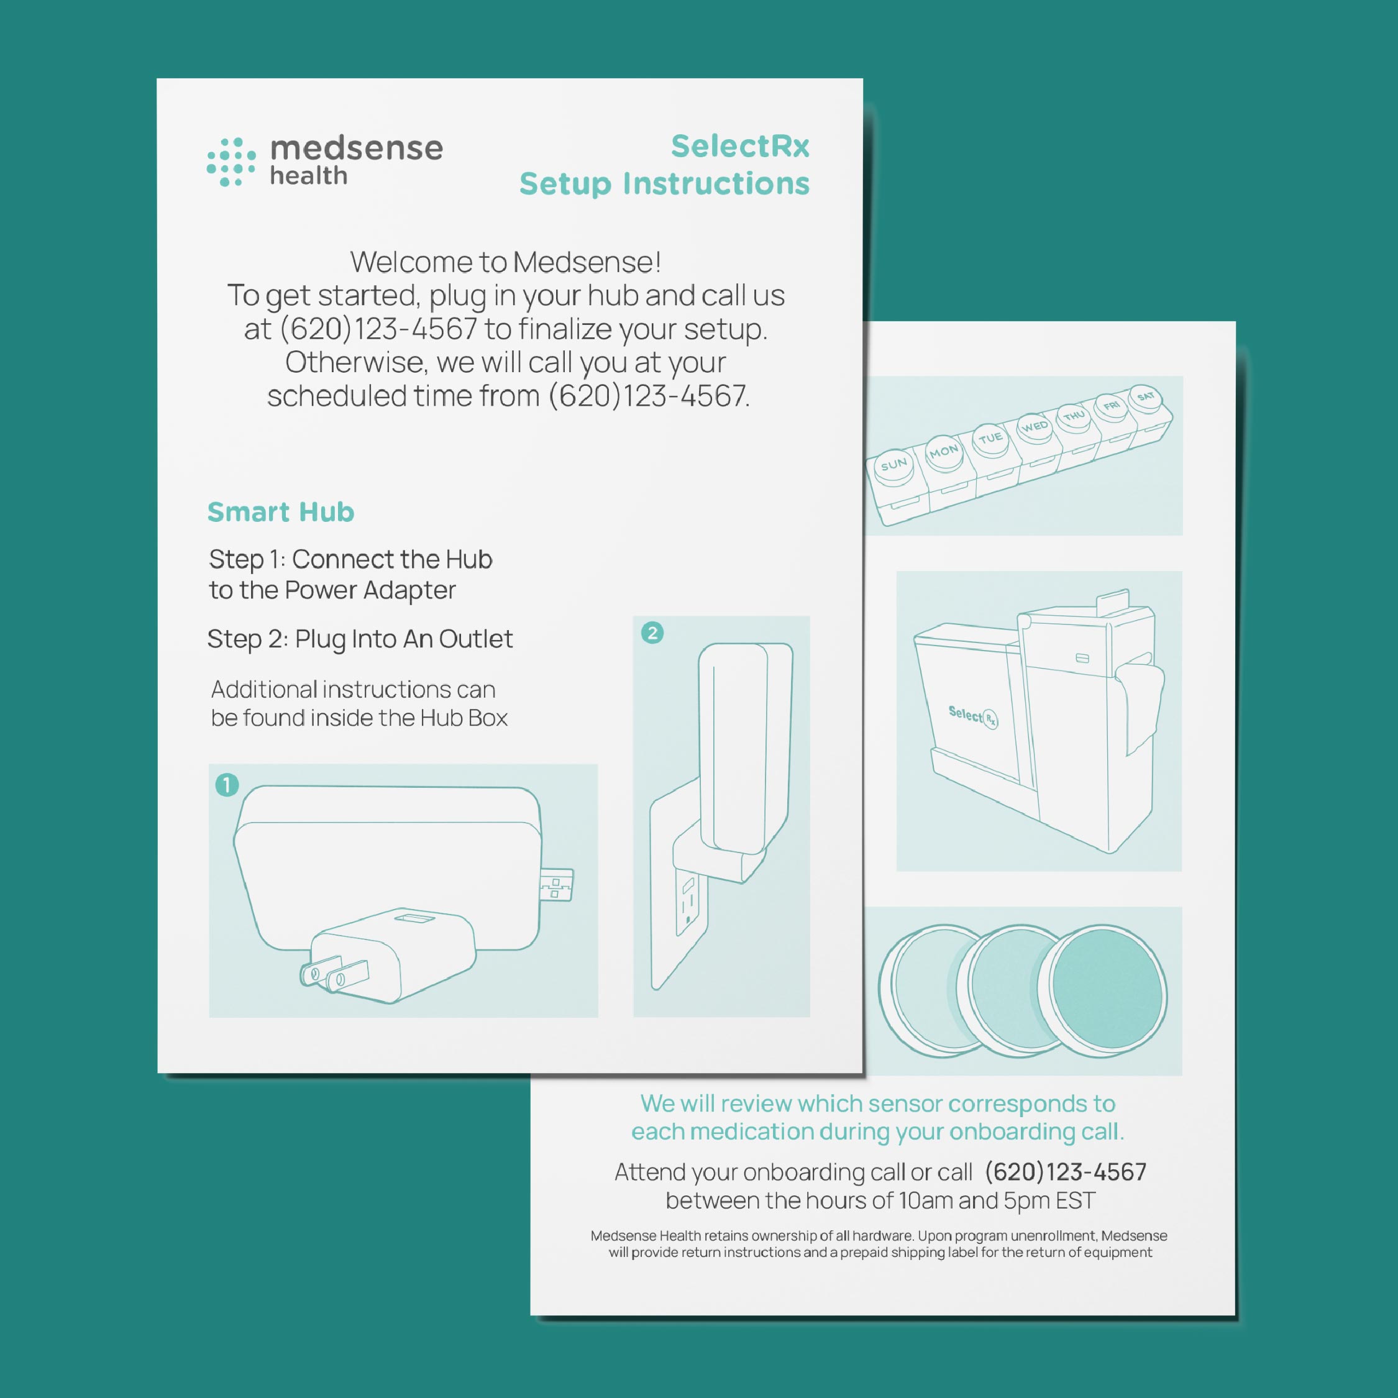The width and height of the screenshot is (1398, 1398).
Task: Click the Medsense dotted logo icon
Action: tap(231, 162)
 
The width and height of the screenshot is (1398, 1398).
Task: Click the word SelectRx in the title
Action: tap(739, 146)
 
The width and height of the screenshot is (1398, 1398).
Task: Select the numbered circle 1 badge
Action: tap(227, 784)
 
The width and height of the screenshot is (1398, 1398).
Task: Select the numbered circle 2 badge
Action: tap(652, 633)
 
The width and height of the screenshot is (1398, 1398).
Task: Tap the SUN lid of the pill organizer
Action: tap(894, 465)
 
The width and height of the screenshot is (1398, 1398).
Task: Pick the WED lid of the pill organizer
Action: tap(1035, 426)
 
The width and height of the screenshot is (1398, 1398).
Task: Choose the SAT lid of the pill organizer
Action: tap(1146, 396)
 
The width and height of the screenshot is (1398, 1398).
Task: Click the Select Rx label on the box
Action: tap(973, 716)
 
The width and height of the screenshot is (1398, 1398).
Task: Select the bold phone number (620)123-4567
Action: tap(1066, 1172)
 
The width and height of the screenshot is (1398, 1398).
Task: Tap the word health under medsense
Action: tap(308, 175)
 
